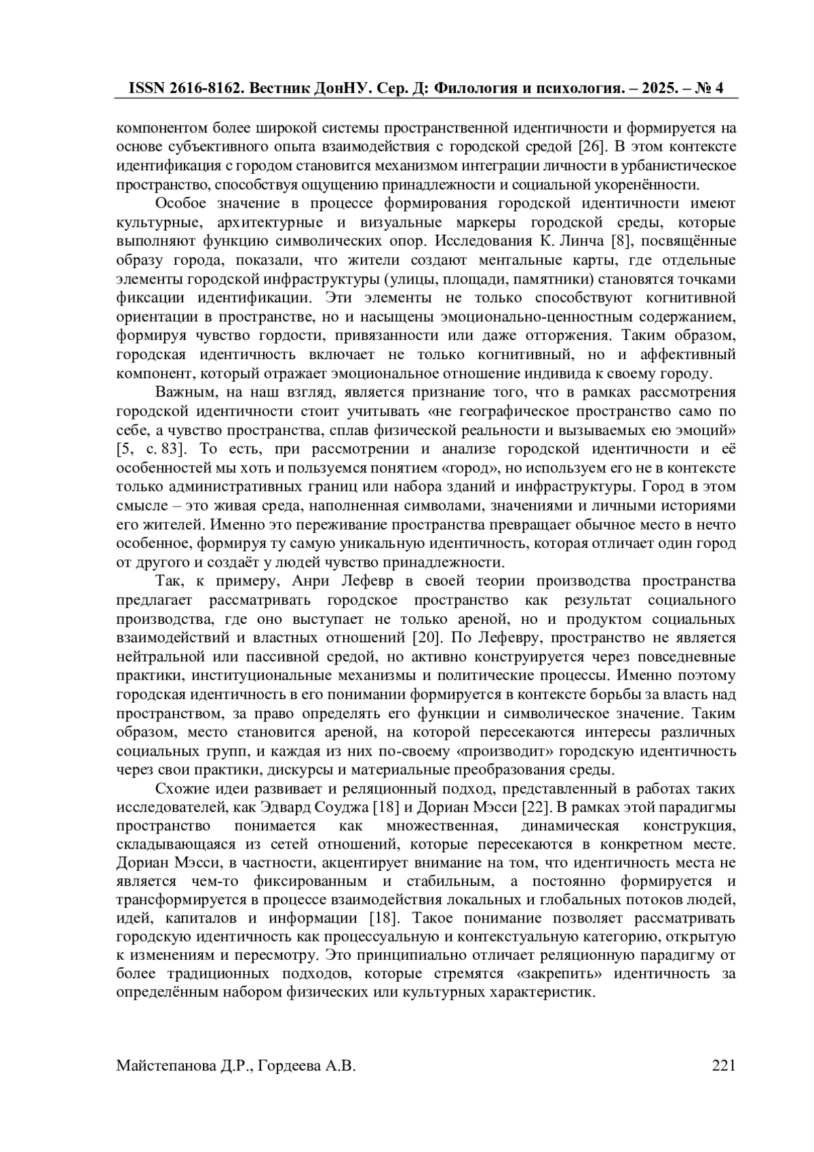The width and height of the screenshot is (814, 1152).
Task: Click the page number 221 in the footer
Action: (724, 1066)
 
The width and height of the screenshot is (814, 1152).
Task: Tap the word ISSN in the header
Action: (148, 88)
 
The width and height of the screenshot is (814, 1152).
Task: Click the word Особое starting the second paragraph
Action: (180, 204)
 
